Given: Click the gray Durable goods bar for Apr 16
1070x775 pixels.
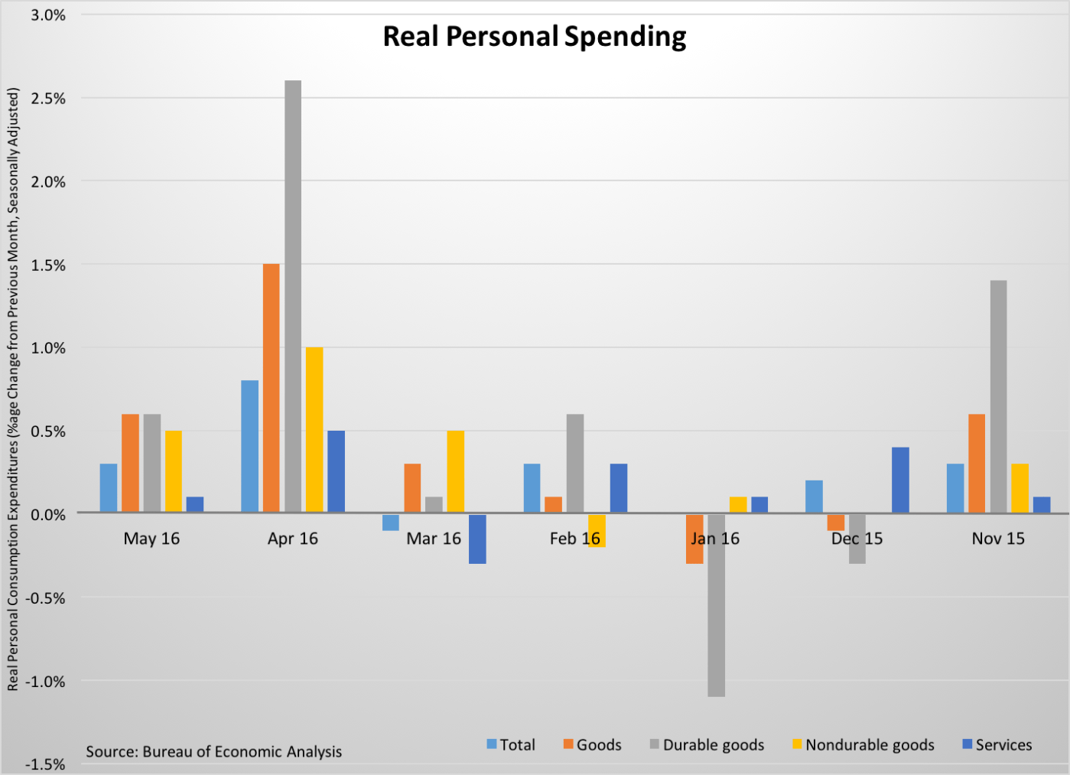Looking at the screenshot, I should [292, 296].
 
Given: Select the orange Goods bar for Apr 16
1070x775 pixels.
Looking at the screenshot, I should [271, 388].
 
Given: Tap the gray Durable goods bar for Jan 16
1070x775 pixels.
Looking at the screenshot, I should [716, 604].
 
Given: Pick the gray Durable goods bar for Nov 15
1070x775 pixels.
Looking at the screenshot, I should [998, 396].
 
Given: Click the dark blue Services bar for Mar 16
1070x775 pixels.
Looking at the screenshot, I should [477, 539].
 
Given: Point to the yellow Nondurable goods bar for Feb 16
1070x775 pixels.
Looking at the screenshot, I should [597, 530].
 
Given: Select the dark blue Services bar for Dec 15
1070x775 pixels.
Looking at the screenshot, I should [900, 480].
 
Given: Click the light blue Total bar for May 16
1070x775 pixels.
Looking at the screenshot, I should [109, 487].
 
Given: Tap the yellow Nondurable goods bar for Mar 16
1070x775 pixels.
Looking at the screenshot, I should [455, 471].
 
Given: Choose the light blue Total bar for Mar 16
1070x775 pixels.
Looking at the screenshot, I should [391, 522].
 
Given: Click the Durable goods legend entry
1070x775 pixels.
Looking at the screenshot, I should [707, 744].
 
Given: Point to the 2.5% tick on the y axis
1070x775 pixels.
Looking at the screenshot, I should [47, 99].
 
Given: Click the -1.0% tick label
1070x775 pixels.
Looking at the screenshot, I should [45, 682].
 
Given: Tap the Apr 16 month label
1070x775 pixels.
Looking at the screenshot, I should [292, 539].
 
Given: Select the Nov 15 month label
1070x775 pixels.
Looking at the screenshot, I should [998, 539].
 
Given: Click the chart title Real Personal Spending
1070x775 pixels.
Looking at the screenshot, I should [535, 37].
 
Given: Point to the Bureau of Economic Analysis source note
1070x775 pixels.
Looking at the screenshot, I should [213, 751].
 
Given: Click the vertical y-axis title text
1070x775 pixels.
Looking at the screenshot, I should [13, 389].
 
